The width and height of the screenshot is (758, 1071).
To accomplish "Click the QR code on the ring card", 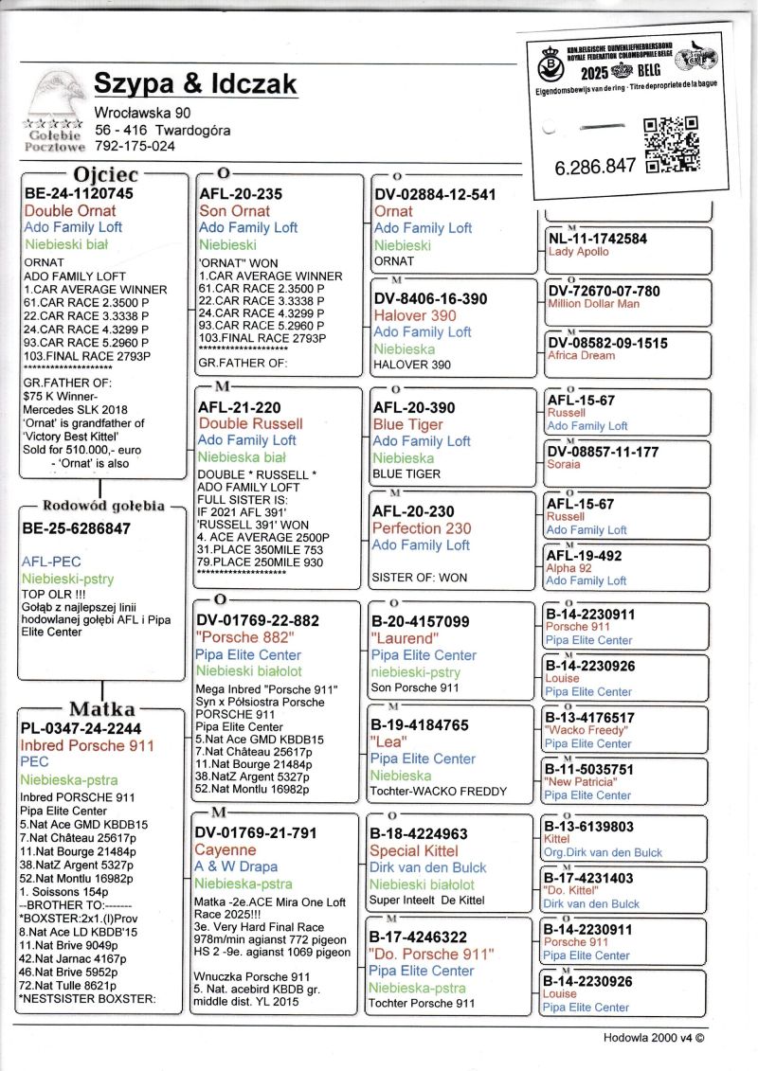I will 671,144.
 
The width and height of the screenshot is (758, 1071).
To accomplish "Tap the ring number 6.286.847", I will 595,166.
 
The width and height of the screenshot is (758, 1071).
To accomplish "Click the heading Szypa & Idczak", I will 195,84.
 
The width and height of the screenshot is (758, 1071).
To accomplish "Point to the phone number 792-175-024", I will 135,146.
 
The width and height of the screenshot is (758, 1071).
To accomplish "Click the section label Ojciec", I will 106,175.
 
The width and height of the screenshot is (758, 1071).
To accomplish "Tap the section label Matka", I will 102,709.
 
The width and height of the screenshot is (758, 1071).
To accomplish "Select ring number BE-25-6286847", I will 77,528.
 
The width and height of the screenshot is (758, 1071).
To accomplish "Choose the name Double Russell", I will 250,423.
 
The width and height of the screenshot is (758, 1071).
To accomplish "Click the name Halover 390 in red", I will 414,315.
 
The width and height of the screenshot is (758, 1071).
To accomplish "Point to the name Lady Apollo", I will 579,252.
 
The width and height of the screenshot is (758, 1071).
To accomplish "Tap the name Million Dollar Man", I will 593,304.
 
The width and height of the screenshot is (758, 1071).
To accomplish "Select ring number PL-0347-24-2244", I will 81,728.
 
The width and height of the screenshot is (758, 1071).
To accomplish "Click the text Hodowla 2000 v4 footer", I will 653,1037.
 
